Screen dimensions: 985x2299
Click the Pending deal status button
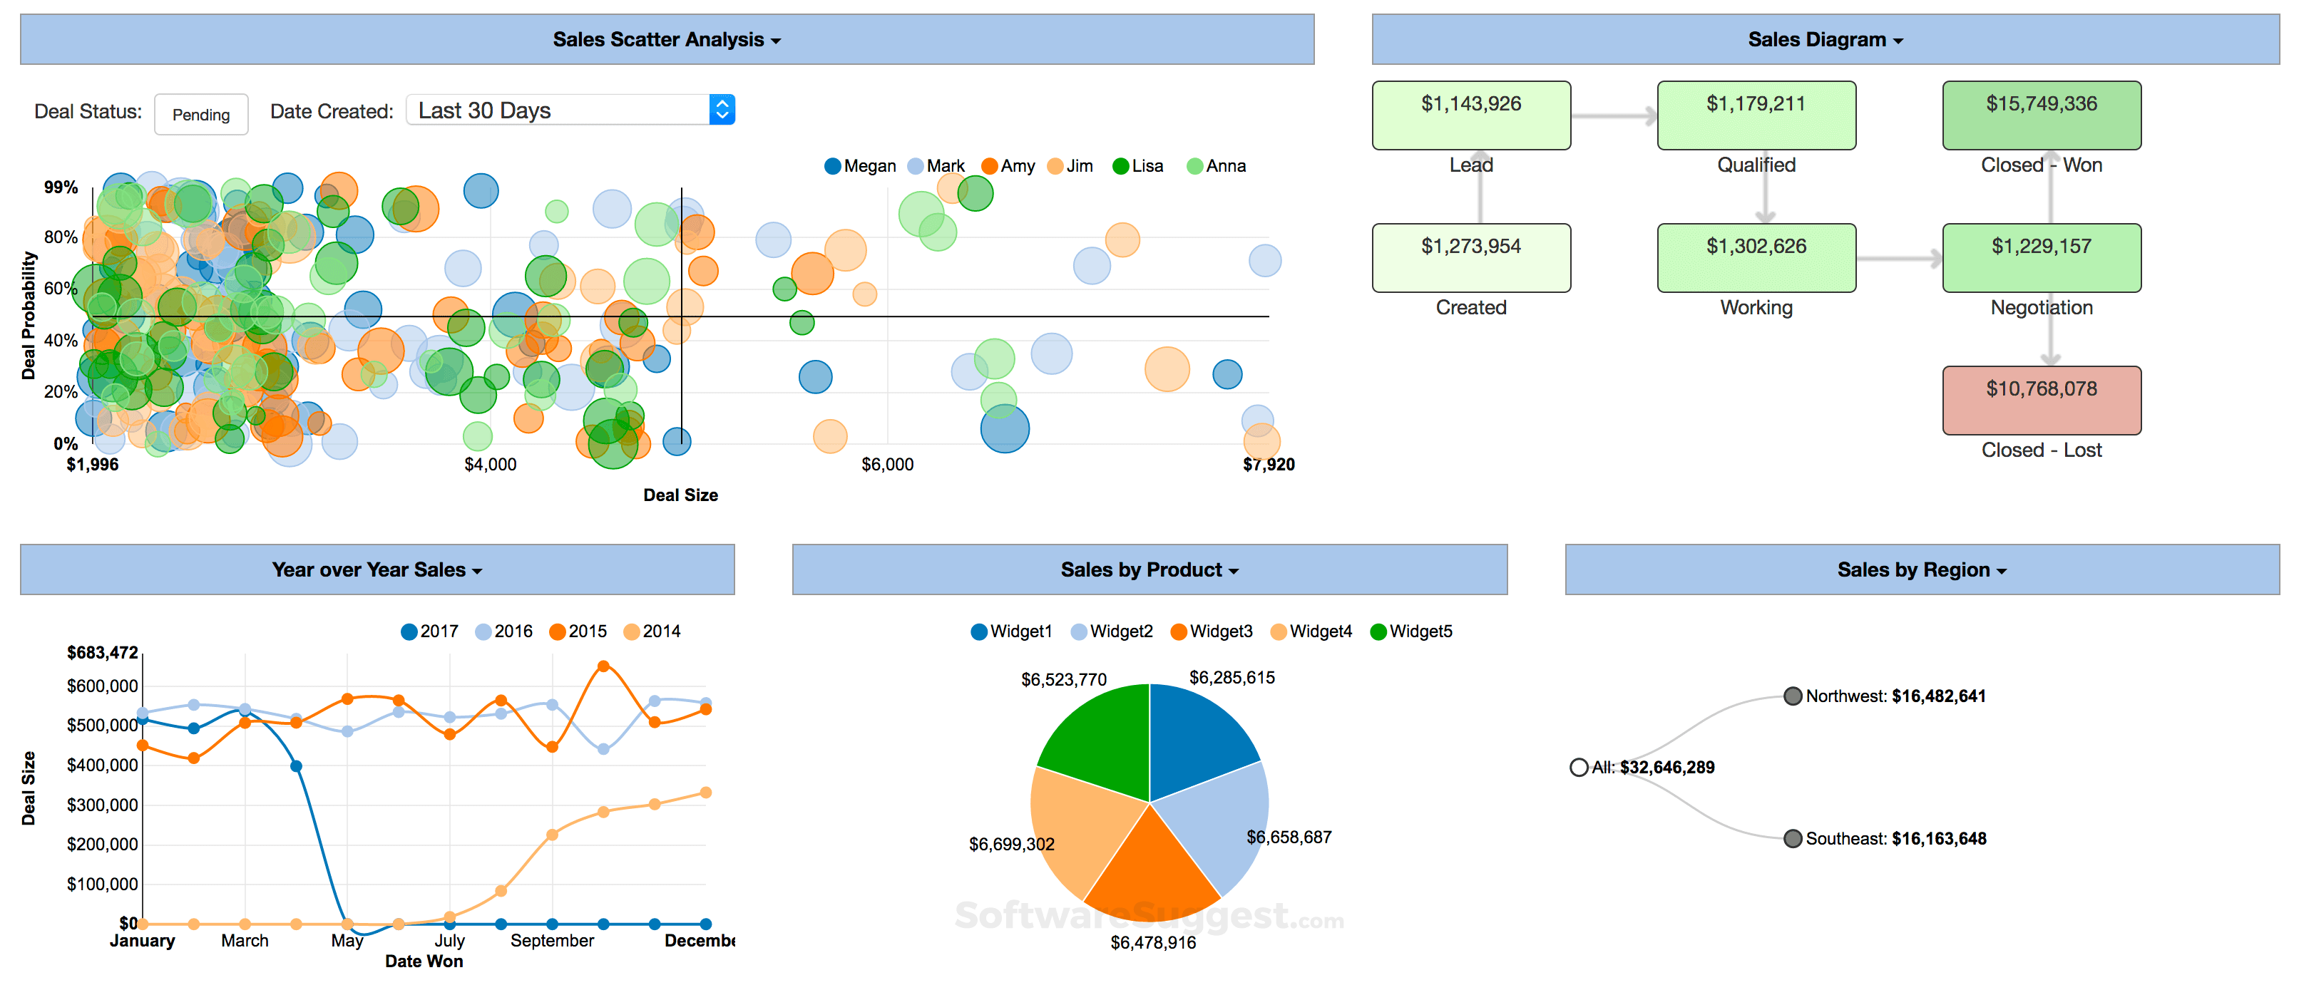pyautogui.click(x=201, y=114)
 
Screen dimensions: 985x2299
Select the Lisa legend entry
pyautogui.click(x=1138, y=166)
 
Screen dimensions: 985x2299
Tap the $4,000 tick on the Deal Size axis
pyautogui.click(x=490, y=464)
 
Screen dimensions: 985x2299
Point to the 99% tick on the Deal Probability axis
pyautogui.click(x=61, y=187)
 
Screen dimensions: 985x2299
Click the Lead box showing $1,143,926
pyautogui.click(x=1471, y=115)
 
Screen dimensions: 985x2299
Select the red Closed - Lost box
pyautogui.click(x=2041, y=400)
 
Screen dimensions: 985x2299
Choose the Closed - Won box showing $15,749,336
pyautogui.click(x=2041, y=115)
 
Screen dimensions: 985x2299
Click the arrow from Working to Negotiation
pyautogui.click(x=1898, y=259)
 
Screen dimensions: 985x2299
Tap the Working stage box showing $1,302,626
pyautogui.click(x=1756, y=258)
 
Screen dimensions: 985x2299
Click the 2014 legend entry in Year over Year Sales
pyautogui.click(x=652, y=631)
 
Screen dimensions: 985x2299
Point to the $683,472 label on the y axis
pyautogui.click(x=103, y=652)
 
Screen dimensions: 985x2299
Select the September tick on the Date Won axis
pyautogui.click(x=551, y=940)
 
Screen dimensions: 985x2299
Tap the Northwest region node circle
pyautogui.click(x=1792, y=696)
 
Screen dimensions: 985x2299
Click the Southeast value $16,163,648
pyautogui.click(x=1938, y=839)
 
